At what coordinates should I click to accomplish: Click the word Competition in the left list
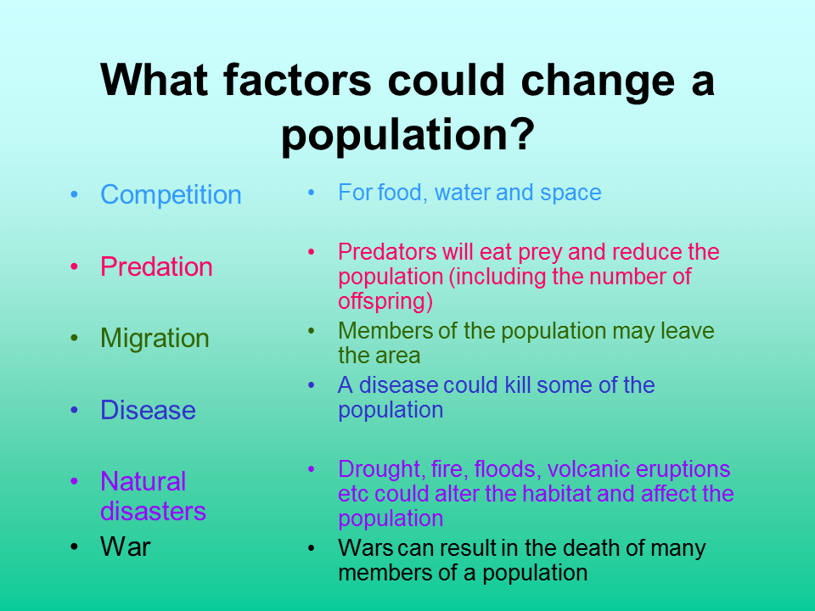tap(171, 195)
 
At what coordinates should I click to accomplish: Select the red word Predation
tap(156, 266)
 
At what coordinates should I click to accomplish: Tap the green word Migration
tap(155, 339)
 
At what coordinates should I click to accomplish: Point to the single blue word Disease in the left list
tap(148, 411)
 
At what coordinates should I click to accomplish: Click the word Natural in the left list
tap(143, 482)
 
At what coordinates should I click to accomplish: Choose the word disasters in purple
tap(153, 512)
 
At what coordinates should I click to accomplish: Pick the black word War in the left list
tap(125, 547)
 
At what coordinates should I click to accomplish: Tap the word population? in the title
tap(407, 134)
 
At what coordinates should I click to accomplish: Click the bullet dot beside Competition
tap(76, 195)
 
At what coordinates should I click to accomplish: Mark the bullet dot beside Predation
tap(76, 266)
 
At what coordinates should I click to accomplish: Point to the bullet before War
tap(76, 547)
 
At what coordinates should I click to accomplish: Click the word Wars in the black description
tap(363, 548)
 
